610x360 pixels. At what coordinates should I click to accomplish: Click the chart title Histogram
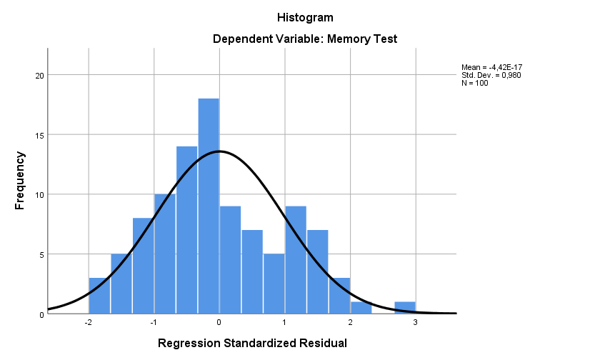coord(304,17)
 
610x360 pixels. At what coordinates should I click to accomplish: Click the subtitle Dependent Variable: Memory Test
coord(304,39)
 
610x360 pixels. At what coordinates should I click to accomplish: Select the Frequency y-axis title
coord(20,180)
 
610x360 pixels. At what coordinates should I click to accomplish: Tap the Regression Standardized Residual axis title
coord(252,344)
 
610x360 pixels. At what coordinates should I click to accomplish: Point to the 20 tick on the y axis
coord(39,75)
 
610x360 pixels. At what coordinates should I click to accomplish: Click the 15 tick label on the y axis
coord(39,135)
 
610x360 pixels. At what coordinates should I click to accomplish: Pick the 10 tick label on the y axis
coord(39,194)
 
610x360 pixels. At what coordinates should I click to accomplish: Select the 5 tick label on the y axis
coord(41,254)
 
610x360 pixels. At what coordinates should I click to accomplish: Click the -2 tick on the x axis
coord(87,322)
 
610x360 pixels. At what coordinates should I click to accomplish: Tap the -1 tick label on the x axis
coord(153,322)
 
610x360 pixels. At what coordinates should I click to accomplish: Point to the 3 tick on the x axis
coord(416,322)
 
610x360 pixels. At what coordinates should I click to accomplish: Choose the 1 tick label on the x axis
coord(285,322)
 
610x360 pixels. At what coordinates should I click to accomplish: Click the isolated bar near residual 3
coord(405,308)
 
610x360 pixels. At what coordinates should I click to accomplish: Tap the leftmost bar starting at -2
coord(99,296)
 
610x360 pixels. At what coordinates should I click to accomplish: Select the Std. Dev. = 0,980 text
coord(491,75)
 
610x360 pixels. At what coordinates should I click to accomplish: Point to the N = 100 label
coord(476,83)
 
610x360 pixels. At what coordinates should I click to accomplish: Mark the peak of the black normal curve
coord(219,151)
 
